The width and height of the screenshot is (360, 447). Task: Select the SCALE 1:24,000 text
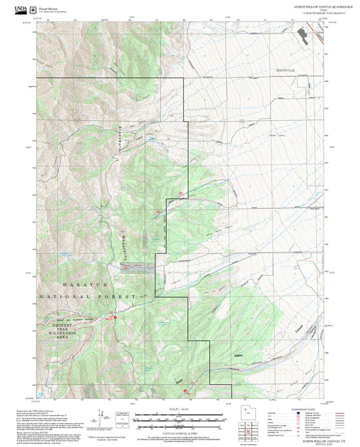180,409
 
